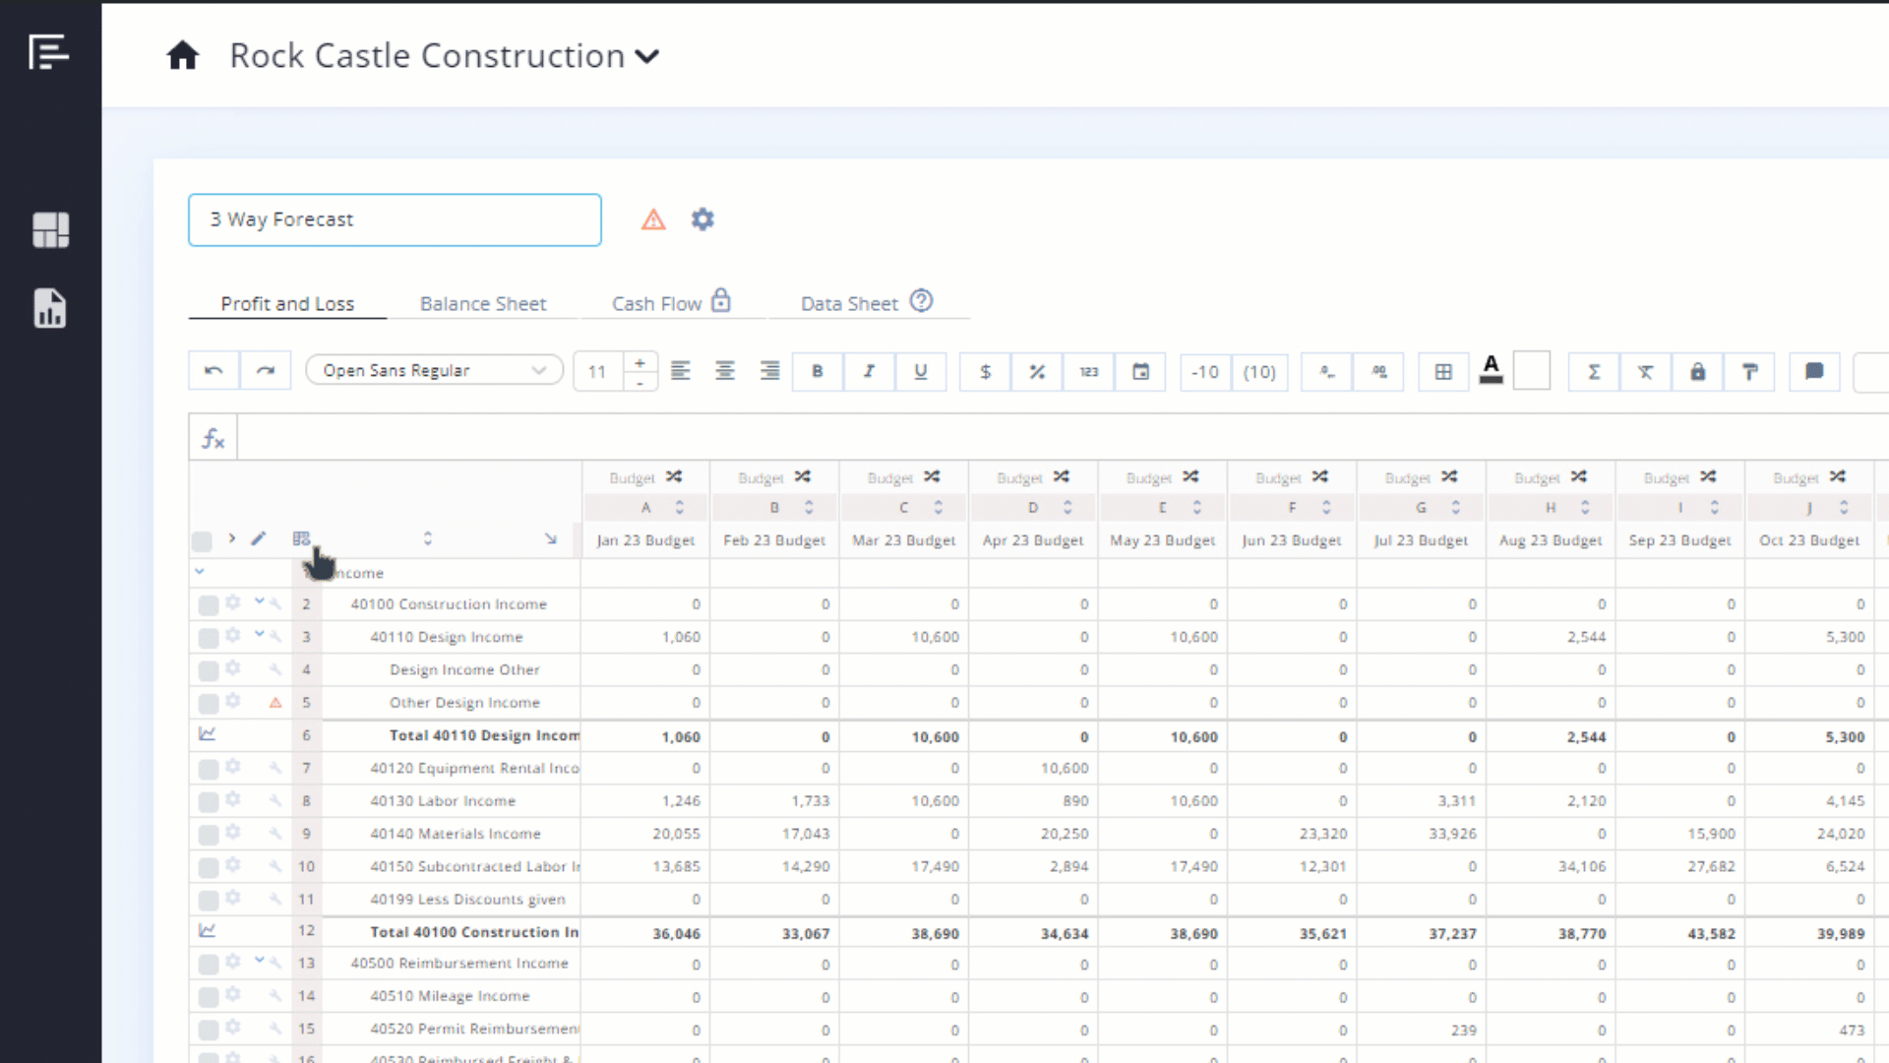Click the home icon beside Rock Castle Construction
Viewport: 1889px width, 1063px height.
tap(183, 56)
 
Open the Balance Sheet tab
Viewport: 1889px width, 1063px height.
tap(482, 304)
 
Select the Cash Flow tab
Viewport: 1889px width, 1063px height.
tap(657, 304)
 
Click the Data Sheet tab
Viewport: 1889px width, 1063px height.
tap(849, 304)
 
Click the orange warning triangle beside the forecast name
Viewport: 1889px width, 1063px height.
tap(653, 219)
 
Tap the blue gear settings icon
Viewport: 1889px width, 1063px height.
tap(702, 219)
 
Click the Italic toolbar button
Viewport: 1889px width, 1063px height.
tap(869, 372)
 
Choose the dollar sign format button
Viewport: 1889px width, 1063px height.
tap(985, 372)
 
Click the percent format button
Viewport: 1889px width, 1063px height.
tap(1037, 372)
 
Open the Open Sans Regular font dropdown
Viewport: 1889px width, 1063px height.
tap(434, 371)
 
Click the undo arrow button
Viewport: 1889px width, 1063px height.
tap(213, 371)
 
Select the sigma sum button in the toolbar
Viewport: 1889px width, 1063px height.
tap(1594, 372)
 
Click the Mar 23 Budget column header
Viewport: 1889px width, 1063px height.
tap(903, 540)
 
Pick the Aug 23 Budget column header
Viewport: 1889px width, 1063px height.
tap(1551, 540)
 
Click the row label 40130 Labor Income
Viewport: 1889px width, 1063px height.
tap(443, 801)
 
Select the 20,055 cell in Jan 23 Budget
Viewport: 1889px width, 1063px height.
tap(676, 834)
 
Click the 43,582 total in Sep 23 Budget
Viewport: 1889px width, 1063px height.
tap(1711, 933)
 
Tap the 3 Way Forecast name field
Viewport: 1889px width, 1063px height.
tap(395, 219)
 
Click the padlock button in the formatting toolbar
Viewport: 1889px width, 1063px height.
tap(1697, 372)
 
